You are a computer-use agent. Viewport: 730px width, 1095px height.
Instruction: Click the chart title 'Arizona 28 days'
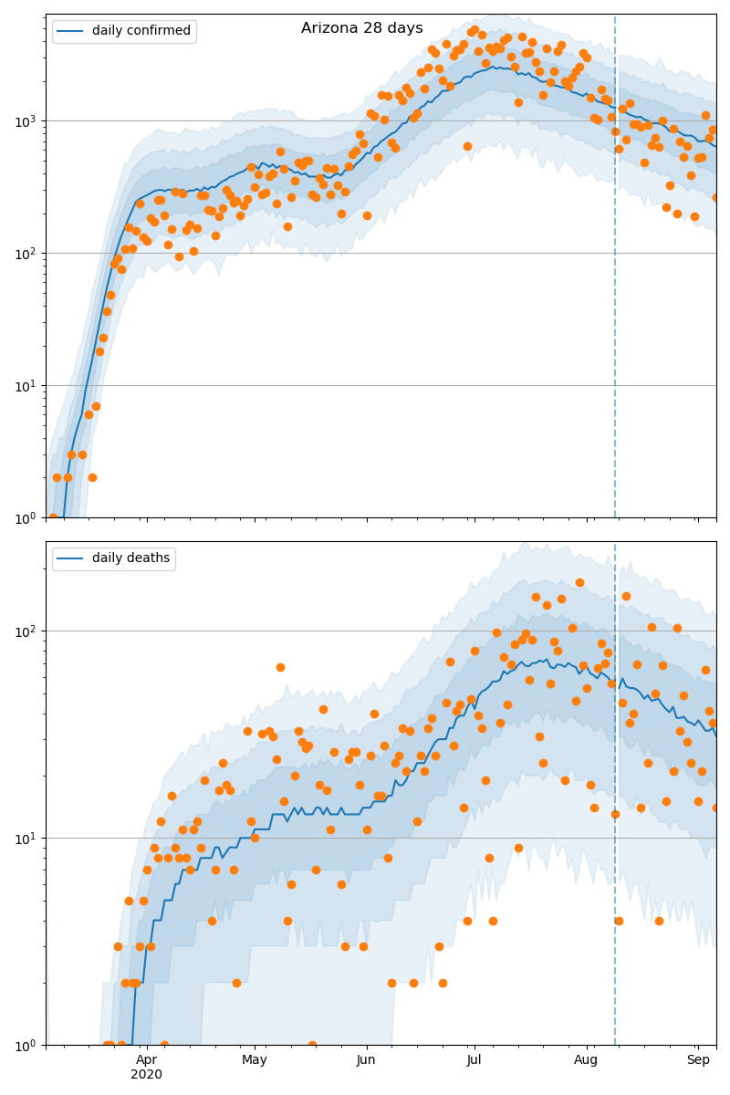(x=361, y=28)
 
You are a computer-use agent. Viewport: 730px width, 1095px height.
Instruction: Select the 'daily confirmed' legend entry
(x=140, y=31)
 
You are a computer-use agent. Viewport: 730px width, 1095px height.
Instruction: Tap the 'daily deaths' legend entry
(x=130, y=558)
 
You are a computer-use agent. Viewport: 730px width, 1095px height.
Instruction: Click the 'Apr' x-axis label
(x=146, y=1059)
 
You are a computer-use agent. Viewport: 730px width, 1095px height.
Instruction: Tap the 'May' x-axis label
(x=255, y=1059)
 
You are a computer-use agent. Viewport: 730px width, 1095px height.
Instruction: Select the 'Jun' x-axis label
(x=366, y=1059)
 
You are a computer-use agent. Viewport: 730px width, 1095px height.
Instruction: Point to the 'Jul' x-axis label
(x=474, y=1059)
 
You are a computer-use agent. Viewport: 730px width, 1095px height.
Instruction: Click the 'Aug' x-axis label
(x=586, y=1059)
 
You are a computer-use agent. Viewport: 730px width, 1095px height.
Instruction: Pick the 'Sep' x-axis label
(x=698, y=1059)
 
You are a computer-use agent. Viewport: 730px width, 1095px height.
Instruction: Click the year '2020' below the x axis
(x=146, y=1075)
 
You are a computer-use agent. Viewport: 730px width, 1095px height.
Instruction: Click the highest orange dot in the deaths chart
(x=579, y=582)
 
